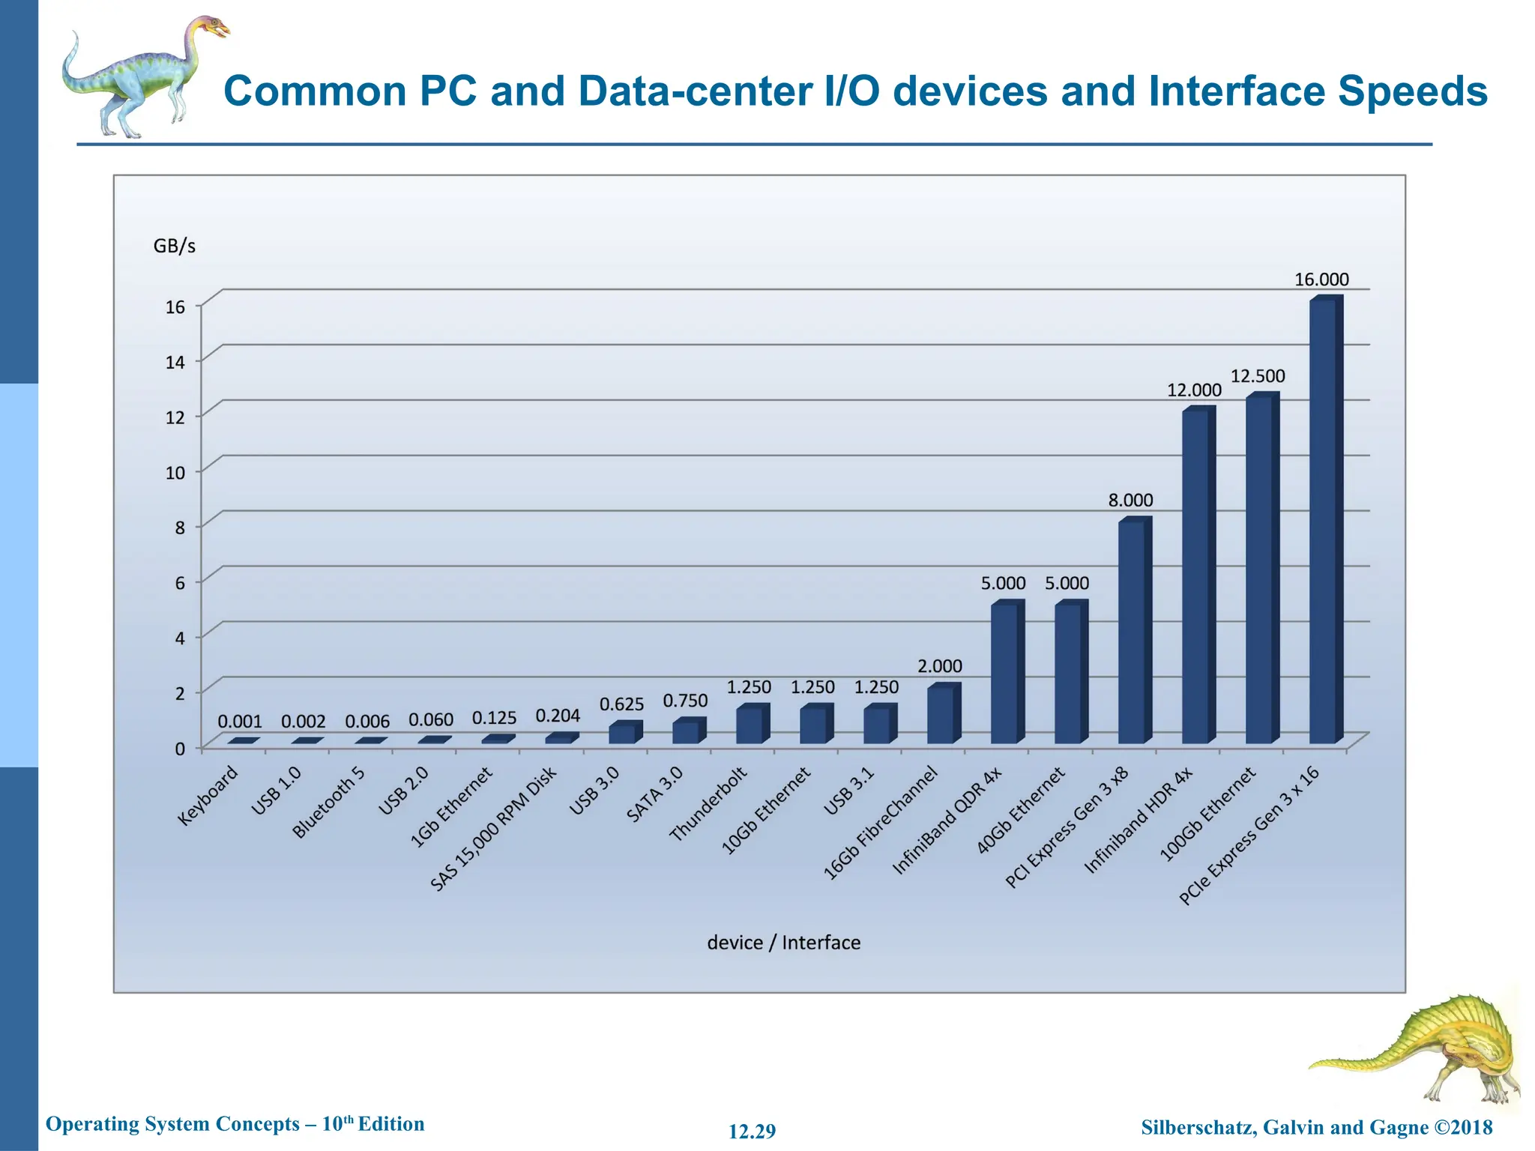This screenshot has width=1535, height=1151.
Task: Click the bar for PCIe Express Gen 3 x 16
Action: (1324, 522)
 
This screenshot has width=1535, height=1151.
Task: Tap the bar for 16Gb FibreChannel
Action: (941, 715)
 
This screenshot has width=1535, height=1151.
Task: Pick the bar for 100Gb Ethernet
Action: (1259, 570)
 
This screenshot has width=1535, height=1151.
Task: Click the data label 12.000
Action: (1194, 390)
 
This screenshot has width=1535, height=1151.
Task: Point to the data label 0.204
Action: (558, 716)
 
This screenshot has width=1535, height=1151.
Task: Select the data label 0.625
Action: (621, 704)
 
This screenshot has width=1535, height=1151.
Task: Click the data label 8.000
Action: (1131, 500)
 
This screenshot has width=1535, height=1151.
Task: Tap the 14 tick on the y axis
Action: (175, 363)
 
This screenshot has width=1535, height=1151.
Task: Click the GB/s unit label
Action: (174, 246)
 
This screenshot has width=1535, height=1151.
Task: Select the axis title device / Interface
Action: (783, 942)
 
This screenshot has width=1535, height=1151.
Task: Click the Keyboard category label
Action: (208, 796)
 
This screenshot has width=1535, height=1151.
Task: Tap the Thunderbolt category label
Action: (708, 804)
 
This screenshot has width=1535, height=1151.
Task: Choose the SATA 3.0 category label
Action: (654, 794)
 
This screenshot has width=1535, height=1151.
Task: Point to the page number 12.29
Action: (752, 1131)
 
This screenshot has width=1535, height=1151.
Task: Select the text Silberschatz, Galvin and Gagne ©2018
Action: (1316, 1127)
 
